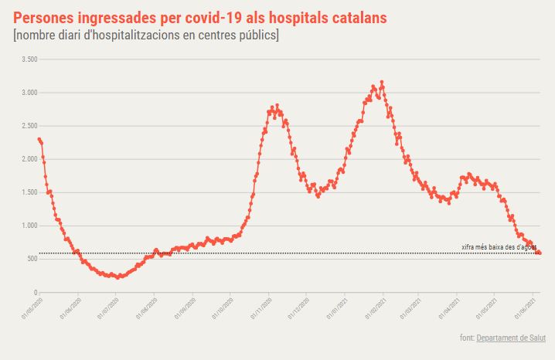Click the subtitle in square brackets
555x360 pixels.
[x=146, y=36]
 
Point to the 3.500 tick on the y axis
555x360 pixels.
[x=29, y=59]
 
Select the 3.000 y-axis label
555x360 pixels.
[x=29, y=93]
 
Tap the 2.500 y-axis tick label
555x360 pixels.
[x=29, y=126]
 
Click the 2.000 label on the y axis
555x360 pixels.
[x=29, y=159]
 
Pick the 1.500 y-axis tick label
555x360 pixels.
[x=29, y=192]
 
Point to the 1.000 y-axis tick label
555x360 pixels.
[x=29, y=226]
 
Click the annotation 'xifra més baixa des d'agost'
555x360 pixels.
[x=499, y=247]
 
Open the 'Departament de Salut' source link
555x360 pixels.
[x=511, y=338]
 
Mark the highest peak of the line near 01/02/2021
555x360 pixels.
[x=382, y=82]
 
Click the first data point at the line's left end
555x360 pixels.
[x=39, y=139]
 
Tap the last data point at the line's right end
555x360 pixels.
[x=540, y=253]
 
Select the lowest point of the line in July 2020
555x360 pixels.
[x=117, y=277]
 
